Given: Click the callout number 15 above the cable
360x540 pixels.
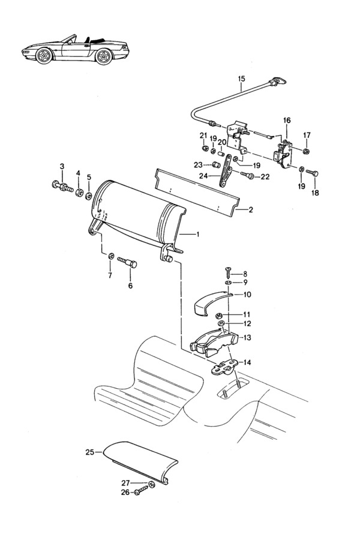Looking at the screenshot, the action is (x=241, y=79).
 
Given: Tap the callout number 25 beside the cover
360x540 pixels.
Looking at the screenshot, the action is (x=90, y=452).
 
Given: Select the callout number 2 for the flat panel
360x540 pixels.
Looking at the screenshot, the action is (x=250, y=209).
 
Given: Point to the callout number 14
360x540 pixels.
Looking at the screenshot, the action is (x=247, y=362).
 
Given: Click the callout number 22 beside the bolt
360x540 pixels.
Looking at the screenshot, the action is (x=265, y=176).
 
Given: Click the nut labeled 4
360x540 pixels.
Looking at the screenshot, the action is (x=79, y=192).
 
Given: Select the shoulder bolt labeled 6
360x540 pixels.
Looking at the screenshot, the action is (x=127, y=263).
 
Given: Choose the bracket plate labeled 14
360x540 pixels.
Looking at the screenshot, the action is (x=224, y=368).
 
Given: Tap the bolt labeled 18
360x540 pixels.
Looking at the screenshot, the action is (x=312, y=173).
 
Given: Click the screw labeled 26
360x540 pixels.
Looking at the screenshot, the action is (x=142, y=491).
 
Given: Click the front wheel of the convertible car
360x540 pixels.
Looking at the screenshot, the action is (x=44, y=55).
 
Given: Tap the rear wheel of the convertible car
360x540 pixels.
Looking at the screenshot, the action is (x=104, y=56).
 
